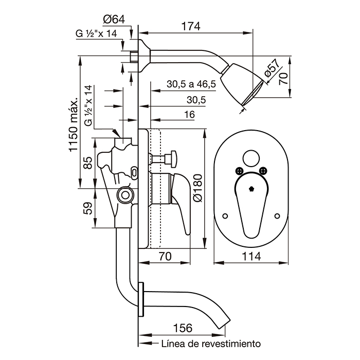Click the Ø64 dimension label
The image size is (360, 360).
pos(114,20)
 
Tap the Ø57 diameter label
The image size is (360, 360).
pos(273,69)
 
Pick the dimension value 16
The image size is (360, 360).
pos(189,115)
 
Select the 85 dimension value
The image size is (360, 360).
pos(87,163)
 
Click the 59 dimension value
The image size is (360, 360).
pos(87,208)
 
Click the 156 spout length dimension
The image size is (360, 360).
pos(179,328)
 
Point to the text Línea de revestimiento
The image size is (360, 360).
pos(211,343)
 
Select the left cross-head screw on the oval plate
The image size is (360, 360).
pos(239,172)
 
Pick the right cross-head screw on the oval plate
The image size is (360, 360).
pos(265,172)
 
